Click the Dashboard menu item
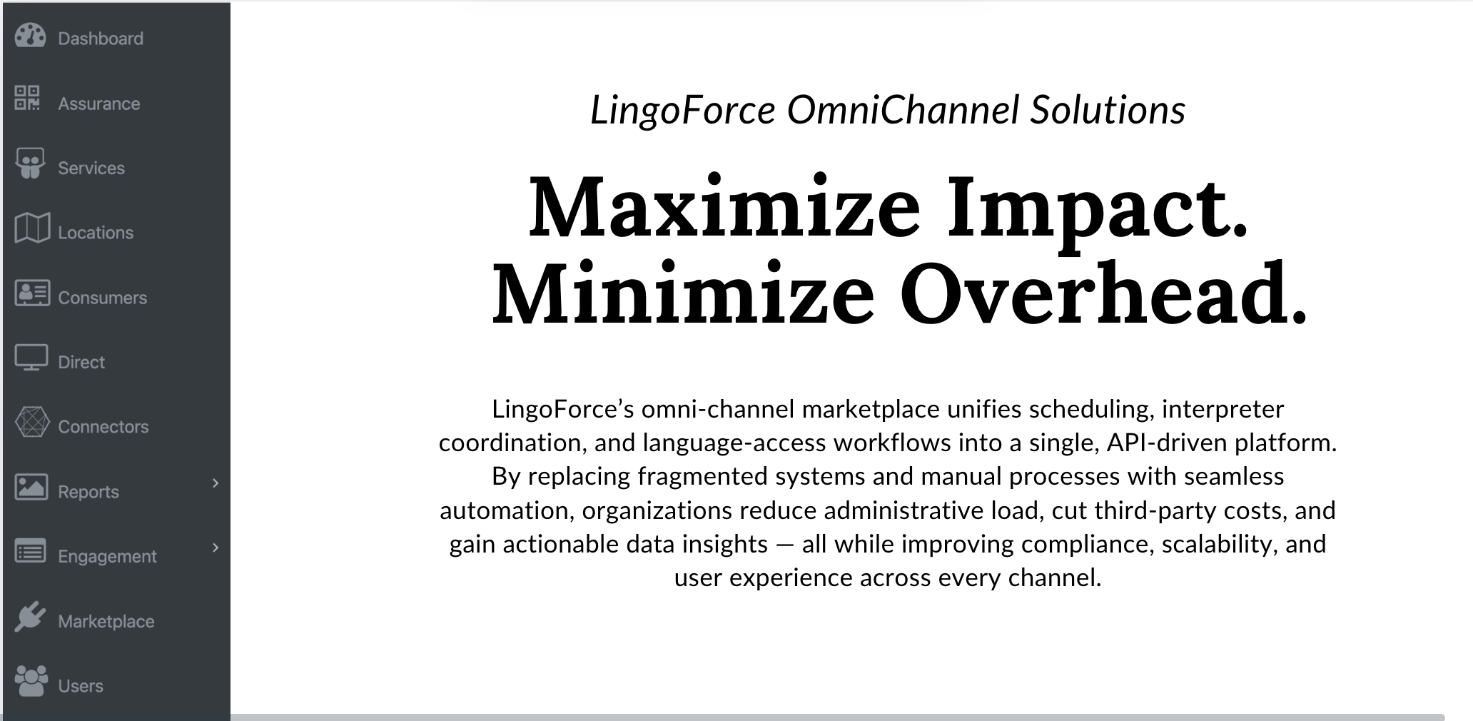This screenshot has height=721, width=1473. (100, 39)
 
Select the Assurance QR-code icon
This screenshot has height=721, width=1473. (28, 98)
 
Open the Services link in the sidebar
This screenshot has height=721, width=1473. (91, 168)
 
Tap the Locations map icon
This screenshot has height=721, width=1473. (32, 228)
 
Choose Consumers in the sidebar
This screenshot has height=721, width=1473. (102, 298)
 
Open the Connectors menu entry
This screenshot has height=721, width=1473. (103, 427)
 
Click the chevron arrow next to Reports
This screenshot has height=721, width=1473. (216, 483)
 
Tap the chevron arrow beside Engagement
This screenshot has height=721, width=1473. (216, 548)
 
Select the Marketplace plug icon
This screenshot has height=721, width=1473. (30, 617)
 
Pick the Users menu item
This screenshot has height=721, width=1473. (80, 686)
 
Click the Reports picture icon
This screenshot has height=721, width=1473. (31, 487)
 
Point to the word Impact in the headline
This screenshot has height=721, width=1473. (1097, 208)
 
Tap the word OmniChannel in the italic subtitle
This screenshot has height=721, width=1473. (903, 111)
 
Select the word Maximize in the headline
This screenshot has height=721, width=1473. (724, 208)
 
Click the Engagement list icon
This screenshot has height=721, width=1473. (31, 552)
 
